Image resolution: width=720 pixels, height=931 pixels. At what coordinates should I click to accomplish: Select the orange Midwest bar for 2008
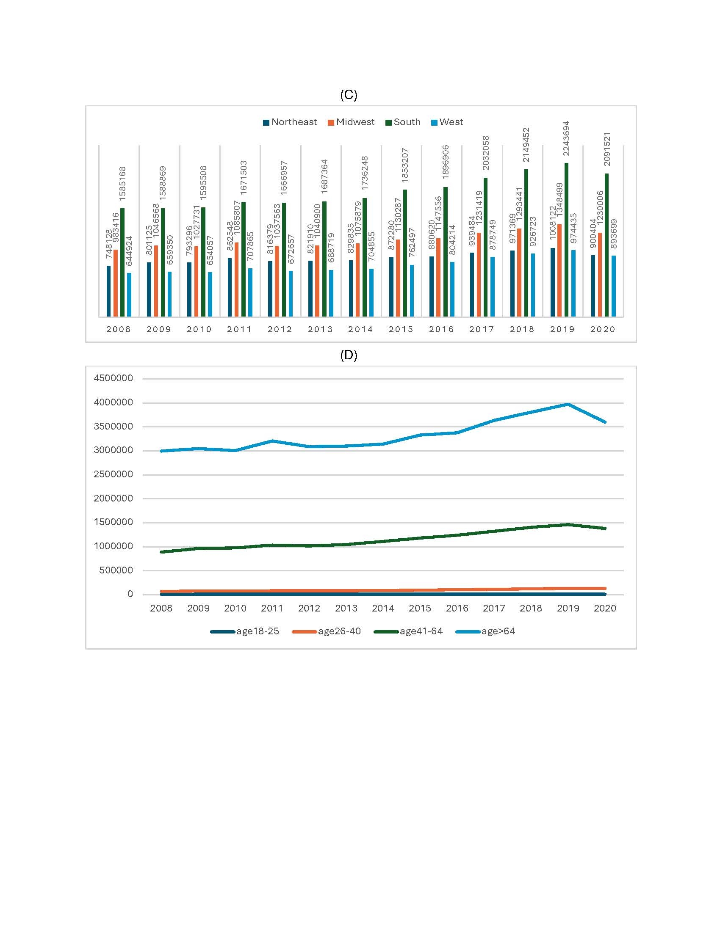[x=115, y=283]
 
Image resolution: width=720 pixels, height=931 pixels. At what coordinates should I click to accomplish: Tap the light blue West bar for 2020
[x=613, y=286]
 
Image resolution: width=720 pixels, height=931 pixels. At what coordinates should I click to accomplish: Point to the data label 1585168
[x=122, y=184]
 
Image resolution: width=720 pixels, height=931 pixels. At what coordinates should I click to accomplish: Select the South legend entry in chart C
[x=403, y=122]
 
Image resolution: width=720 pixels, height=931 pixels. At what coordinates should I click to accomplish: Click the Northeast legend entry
[x=290, y=122]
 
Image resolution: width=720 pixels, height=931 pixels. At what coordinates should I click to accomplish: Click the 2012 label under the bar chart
[x=280, y=329]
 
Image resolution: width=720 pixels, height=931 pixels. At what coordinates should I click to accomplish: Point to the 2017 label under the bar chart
[x=482, y=329]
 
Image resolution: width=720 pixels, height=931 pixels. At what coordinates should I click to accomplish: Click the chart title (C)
[x=349, y=95]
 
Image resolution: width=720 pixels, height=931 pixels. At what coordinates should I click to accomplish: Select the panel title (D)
[x=349, y=355]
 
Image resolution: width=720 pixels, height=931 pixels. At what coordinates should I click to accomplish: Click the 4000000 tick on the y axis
[x=113, y=402]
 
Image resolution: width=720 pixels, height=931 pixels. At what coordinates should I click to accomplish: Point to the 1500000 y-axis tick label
[x=113, y=522]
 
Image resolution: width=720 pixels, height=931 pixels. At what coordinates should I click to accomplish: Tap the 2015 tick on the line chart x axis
[x=420, y=608]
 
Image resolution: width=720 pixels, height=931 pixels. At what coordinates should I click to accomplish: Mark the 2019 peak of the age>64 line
[x=568, y=404]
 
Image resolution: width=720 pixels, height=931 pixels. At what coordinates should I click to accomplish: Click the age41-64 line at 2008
[x=161, y=552]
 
